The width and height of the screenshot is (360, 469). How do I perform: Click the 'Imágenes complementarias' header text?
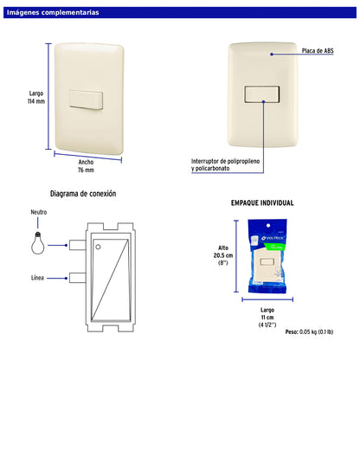[x=53, y=13]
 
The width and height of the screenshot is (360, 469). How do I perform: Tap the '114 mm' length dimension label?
[x=36, y=101]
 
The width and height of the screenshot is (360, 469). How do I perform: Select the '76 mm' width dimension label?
[x=86, y=170]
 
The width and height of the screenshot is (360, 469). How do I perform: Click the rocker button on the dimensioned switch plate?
[x=87, y=100]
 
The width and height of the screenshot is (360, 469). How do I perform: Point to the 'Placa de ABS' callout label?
[x=318, y=51]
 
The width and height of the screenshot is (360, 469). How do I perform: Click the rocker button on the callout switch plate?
[x=262, y=94]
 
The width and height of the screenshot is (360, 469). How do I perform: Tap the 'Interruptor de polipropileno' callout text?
[x=225, y=161]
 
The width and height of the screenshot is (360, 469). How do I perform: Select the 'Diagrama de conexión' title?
[x=83, y=194]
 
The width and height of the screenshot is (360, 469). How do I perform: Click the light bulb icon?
[x=38, y=243]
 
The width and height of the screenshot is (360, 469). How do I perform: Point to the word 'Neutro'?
[x=39, y=212]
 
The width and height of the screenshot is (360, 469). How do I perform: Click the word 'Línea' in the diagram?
[x=37, y=278]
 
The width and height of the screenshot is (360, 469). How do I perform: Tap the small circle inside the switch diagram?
[x=98, y=247]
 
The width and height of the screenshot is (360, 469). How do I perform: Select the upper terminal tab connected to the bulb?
[x=78, y=245]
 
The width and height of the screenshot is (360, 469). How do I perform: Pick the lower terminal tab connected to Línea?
[x=78, y=278]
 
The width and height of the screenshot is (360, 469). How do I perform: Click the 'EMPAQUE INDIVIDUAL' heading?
[x=262, y=203]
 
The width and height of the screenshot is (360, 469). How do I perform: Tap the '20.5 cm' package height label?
[x=223, y=255]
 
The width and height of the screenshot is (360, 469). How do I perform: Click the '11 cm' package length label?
[x=267, y=318]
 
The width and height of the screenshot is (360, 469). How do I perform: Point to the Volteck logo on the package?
[x=273, y=238]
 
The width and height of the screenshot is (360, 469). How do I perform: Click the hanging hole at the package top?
[x=268, y=226]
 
